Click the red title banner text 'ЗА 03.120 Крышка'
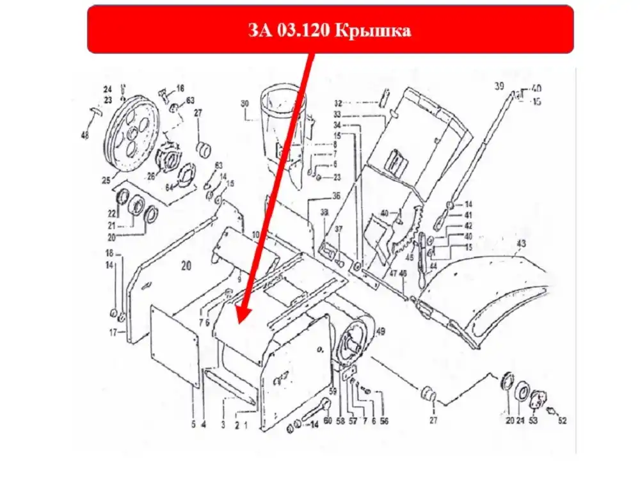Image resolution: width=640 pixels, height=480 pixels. (330, 30)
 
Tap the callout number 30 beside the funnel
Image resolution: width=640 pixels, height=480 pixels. (244, 103)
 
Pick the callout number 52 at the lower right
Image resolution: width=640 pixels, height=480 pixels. (562, 420)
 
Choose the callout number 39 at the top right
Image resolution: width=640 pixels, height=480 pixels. (499, 86)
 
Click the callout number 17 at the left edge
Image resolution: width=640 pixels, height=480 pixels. (112, 332)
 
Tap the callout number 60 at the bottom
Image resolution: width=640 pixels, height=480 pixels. (328, 421)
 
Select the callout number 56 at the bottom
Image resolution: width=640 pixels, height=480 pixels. (384, 421)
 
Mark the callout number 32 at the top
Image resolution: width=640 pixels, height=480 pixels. (338, 102)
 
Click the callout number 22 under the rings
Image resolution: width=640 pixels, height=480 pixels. (112, 213)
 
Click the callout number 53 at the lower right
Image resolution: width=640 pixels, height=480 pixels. (532, 420)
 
